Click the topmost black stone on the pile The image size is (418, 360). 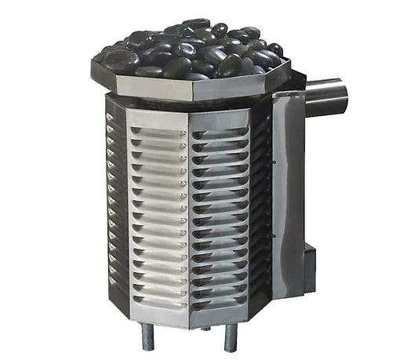[196, 25]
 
